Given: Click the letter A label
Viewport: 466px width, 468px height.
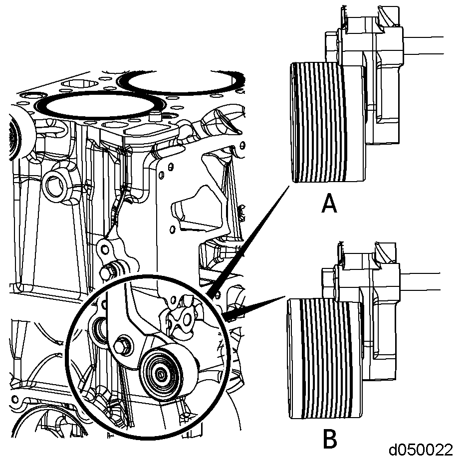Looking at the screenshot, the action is [x=329, y=203].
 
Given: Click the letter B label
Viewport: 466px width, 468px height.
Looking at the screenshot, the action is [x=330, y=439].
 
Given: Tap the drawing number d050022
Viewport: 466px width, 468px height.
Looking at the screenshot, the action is [x=421, y=450].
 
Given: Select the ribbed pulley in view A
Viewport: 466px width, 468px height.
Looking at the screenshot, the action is [x=328, y=122].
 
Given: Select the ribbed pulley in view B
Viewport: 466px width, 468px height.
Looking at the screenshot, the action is [x=324, y=358].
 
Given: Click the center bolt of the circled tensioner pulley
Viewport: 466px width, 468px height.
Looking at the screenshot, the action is [x=161, y=373].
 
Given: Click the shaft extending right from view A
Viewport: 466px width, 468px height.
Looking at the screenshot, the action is [x=423, y=46].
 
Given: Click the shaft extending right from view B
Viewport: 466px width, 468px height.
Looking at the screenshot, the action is [x=420, y=281].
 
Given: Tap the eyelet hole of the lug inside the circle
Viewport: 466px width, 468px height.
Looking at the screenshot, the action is [x=187, y=320].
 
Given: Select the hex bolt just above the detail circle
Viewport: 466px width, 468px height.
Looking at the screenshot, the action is [x=108, y=271].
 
